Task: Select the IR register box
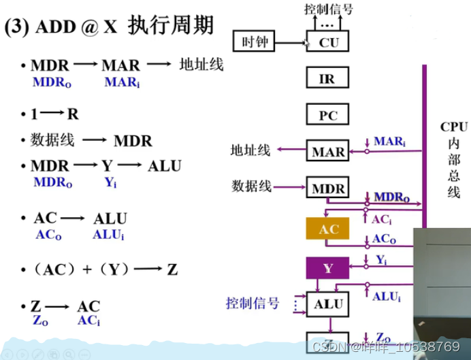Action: click(327, 79)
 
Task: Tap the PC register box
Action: click(327, 115)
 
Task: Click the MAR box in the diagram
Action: click(327, 151)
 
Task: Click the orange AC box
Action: click(328, 229)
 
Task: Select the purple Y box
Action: click(327, 268)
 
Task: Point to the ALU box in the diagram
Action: click(327, 304)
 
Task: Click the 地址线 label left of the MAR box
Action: click(251, 150)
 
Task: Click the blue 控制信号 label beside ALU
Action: click(253, 303)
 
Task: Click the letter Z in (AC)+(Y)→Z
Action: click(172, 269)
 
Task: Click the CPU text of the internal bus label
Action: click(453, 127)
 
